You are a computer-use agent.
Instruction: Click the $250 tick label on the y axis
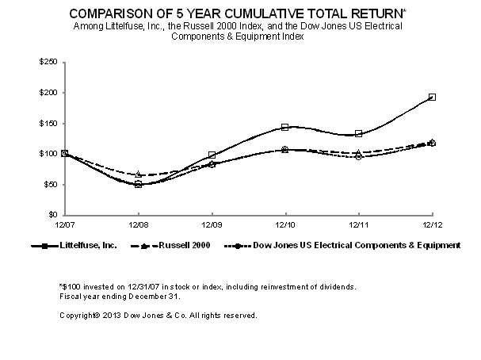tap(49, 62)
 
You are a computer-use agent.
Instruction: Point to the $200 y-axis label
tap(49, 93)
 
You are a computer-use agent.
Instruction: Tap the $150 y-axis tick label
tap(49, 124)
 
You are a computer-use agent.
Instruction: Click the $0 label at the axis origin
tap(53, 215)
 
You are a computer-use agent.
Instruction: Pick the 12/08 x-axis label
tap(139, 225)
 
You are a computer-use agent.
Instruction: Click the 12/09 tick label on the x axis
tap(212, 225)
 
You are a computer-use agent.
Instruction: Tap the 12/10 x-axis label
tap(284, 225)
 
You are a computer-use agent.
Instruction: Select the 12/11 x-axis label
tap(358, 225)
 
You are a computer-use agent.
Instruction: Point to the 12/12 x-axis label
tap(431, 225)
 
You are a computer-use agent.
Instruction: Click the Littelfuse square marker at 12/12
tap(432, 97)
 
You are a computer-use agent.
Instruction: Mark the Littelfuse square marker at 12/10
tap(285, 127)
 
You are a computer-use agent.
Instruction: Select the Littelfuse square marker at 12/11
tap(359, 134)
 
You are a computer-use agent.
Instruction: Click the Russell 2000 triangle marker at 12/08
tap(139, 174)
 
